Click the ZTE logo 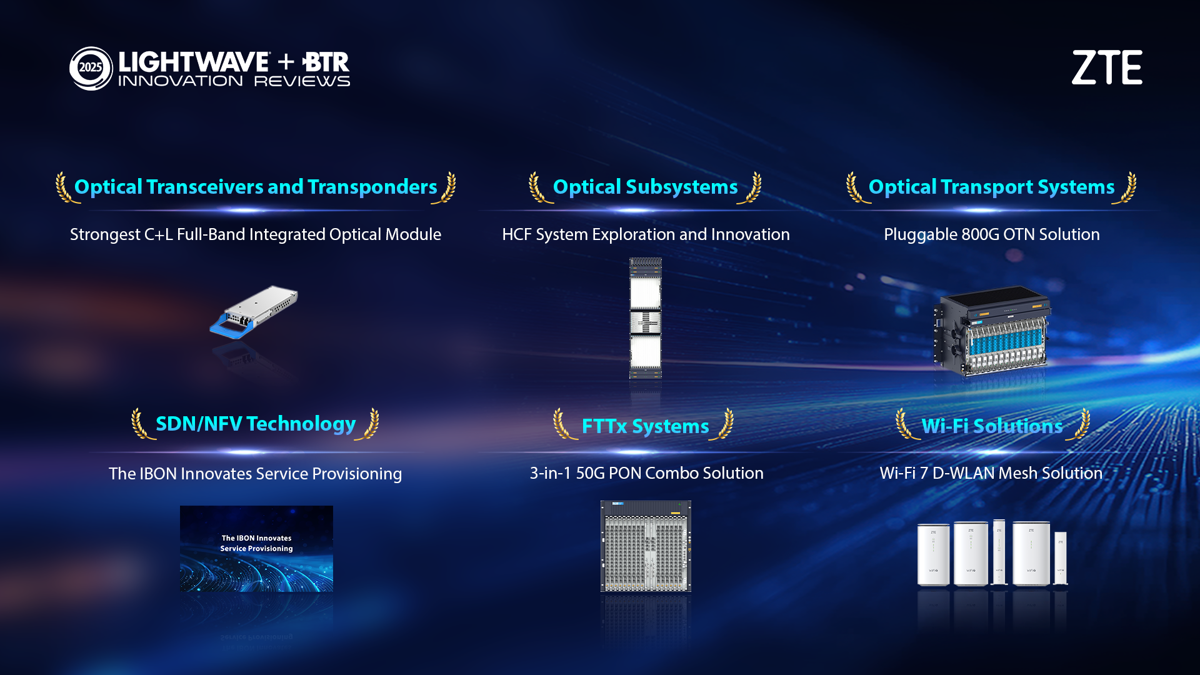[x=1107, y=67]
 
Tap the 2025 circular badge [x=91, y=68]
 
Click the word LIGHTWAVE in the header [x=194, y=62]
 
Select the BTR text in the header [x=326, y=62]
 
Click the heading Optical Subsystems [x=646, y=187]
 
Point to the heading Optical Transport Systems [x=992, y=187]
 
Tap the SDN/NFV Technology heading [x=256, y=424]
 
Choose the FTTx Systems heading [x=646, y=426]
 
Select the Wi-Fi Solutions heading [x=992, y=426]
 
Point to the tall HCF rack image [x=646, y=318]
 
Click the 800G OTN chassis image [x=992, y=330]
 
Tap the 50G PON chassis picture [x=646, y=546]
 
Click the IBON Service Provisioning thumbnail [x=256, y=549]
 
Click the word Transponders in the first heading [x=372, y=187]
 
